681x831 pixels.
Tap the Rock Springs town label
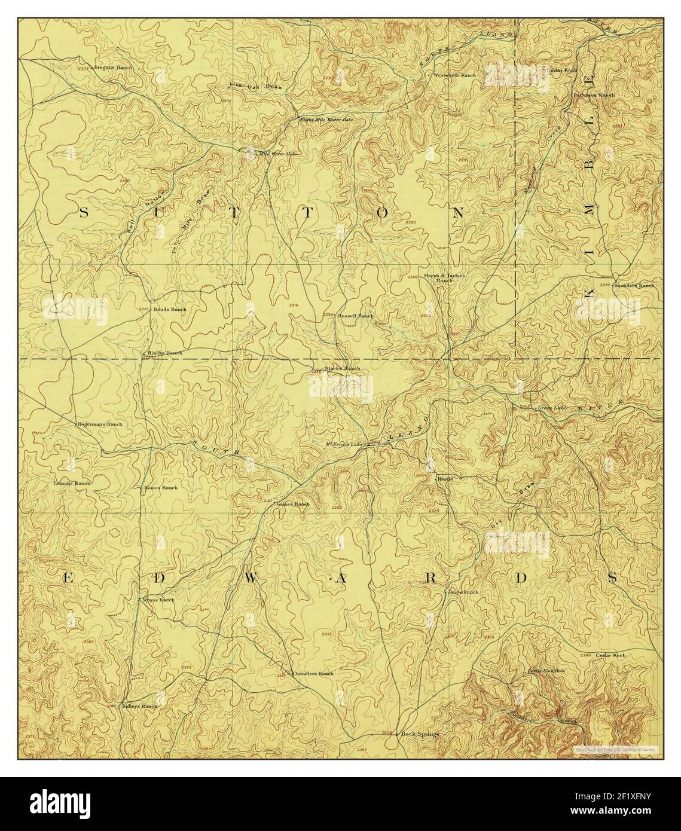coord(420,734)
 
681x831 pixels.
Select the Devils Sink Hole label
coord(545,671)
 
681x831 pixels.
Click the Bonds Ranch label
coord(170,309)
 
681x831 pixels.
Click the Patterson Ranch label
coord(594,95)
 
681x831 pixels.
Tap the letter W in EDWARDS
coord(252,578)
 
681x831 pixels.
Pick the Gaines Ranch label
coord(294,504)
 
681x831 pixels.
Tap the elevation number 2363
coord(89,641)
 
